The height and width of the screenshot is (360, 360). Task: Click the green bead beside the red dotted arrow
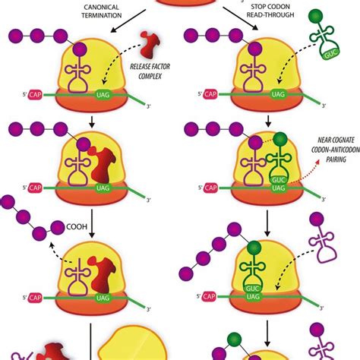click(x=281, y=139)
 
